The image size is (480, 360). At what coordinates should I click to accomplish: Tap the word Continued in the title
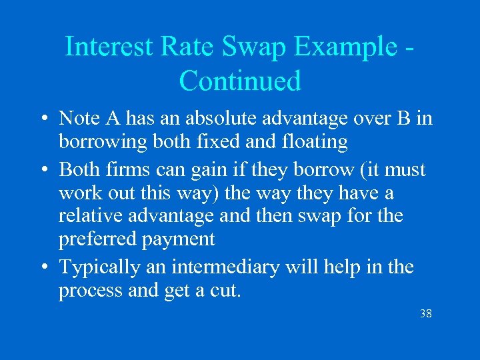(x=240, y=81)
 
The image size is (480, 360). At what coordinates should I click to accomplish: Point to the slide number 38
(x=425, y=313)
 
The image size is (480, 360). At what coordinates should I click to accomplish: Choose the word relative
(x=91, y=216)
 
